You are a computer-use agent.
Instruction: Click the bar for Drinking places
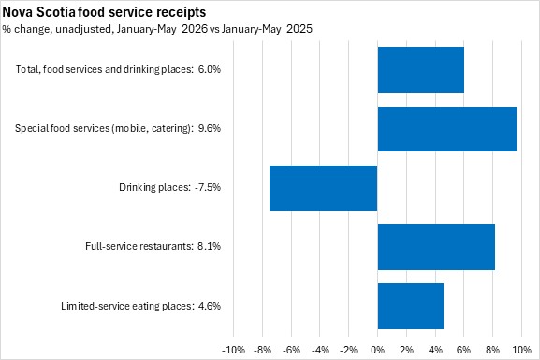[324, 188]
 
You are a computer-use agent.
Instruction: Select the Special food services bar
[447, 129]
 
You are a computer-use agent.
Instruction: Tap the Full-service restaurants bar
[436, 247]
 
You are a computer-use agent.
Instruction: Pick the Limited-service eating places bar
[411, 306]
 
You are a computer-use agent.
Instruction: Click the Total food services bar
[421, 69]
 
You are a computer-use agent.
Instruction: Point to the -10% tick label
[233, 350]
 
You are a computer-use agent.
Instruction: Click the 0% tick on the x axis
[377, 350]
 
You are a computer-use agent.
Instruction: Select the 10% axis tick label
[521, 350]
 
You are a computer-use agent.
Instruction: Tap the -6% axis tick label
[291, 350]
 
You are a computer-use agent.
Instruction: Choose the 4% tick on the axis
[435, 350]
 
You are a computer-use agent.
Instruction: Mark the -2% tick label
[348, 350]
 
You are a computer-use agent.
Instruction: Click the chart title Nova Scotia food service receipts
[104, 12]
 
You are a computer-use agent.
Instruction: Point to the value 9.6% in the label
[210, 128]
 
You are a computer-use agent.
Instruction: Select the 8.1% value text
[210, 246]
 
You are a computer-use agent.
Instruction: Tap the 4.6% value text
[210, 306]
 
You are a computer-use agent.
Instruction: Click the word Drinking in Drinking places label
[138, 188]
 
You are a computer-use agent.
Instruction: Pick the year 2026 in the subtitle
[195, 29]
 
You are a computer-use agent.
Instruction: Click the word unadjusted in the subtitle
[83, 29]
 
